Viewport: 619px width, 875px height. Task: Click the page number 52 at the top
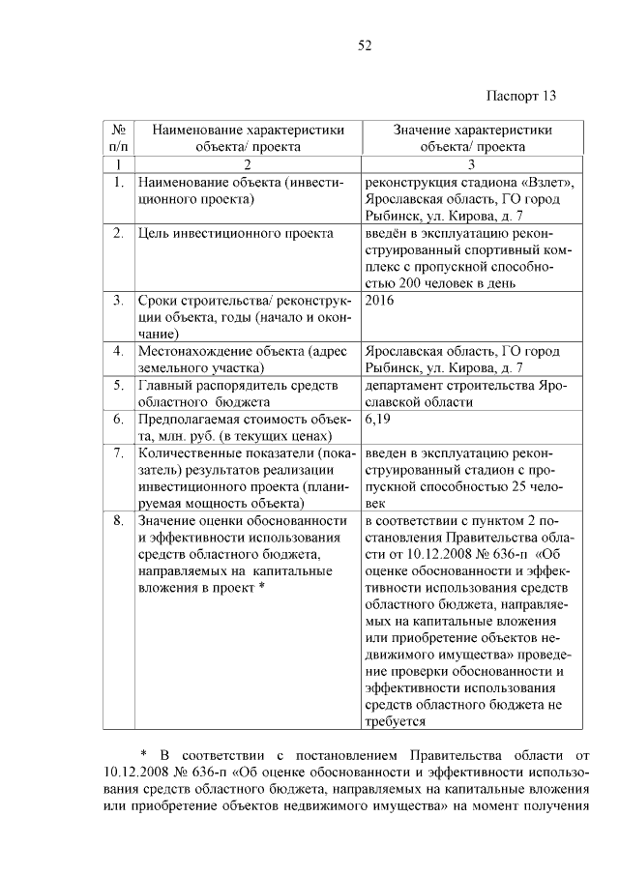point(365,44)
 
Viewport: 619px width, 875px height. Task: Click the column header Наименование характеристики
point(247,130)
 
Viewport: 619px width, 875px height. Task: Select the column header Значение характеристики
point(473,130)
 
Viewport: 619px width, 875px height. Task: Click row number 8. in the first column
point(117,520)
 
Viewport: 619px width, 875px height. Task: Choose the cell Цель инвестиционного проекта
point(236,233)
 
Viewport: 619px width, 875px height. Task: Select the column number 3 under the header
point(472,164)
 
